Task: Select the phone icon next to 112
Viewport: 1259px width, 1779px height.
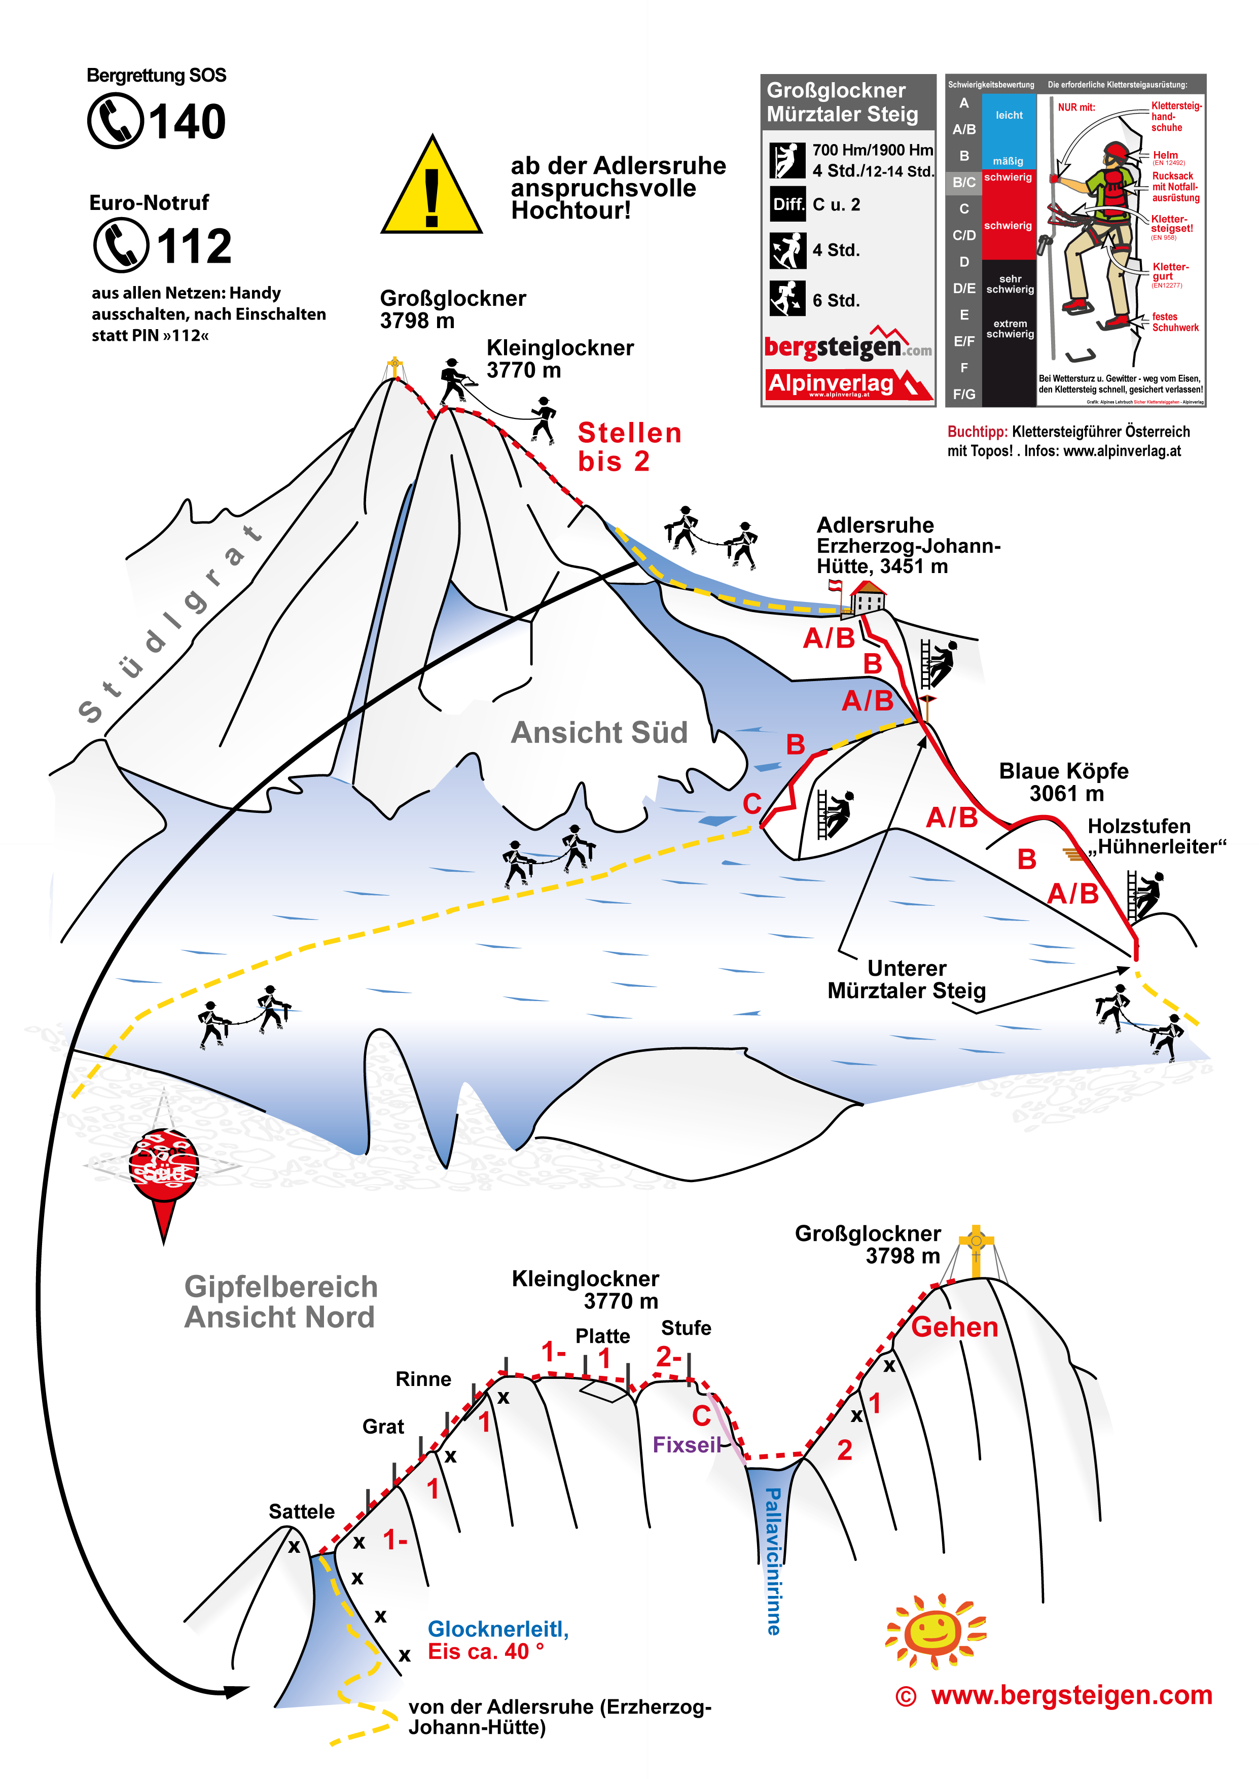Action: (x=121, y=245)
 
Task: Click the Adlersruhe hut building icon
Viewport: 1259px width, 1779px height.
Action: (x=868, y=598)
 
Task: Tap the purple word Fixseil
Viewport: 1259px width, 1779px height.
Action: (x=686, y=1444)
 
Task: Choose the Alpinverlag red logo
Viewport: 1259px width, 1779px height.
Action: (x=847, y=384)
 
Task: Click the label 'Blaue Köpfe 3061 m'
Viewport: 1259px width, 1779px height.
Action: (x=1064, y=781)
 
